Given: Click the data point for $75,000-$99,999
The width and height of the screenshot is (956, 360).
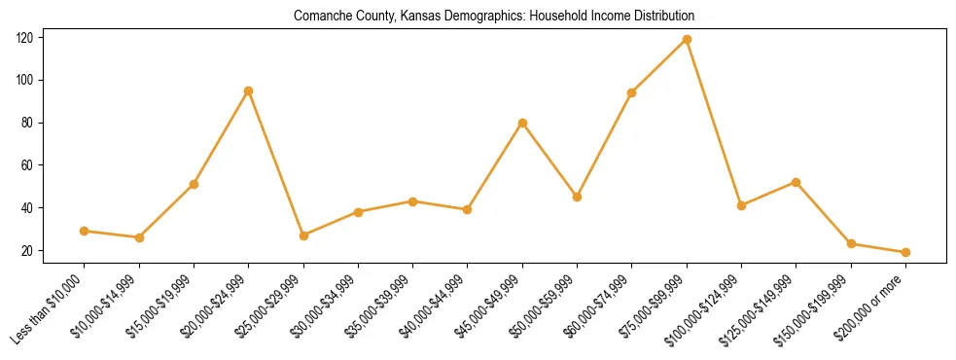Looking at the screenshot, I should pos(687,39).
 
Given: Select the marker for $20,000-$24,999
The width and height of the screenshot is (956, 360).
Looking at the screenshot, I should pos(249,90).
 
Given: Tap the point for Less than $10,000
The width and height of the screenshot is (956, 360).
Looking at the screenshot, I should pos(85,231).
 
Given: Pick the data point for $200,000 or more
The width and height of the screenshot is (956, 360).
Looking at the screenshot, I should pos(905,252).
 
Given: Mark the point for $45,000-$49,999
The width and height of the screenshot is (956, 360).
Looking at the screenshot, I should pos(522,123).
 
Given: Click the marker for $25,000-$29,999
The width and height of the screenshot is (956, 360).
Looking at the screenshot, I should pos(303,235).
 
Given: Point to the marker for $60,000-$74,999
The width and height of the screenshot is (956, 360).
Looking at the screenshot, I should pos(632,92).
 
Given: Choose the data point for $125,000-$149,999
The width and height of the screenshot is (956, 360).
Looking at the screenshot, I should pos(797,182).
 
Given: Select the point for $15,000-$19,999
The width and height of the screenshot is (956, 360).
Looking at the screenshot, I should pos(195,184).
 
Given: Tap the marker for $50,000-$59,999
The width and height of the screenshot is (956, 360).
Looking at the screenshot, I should pos(577,197).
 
